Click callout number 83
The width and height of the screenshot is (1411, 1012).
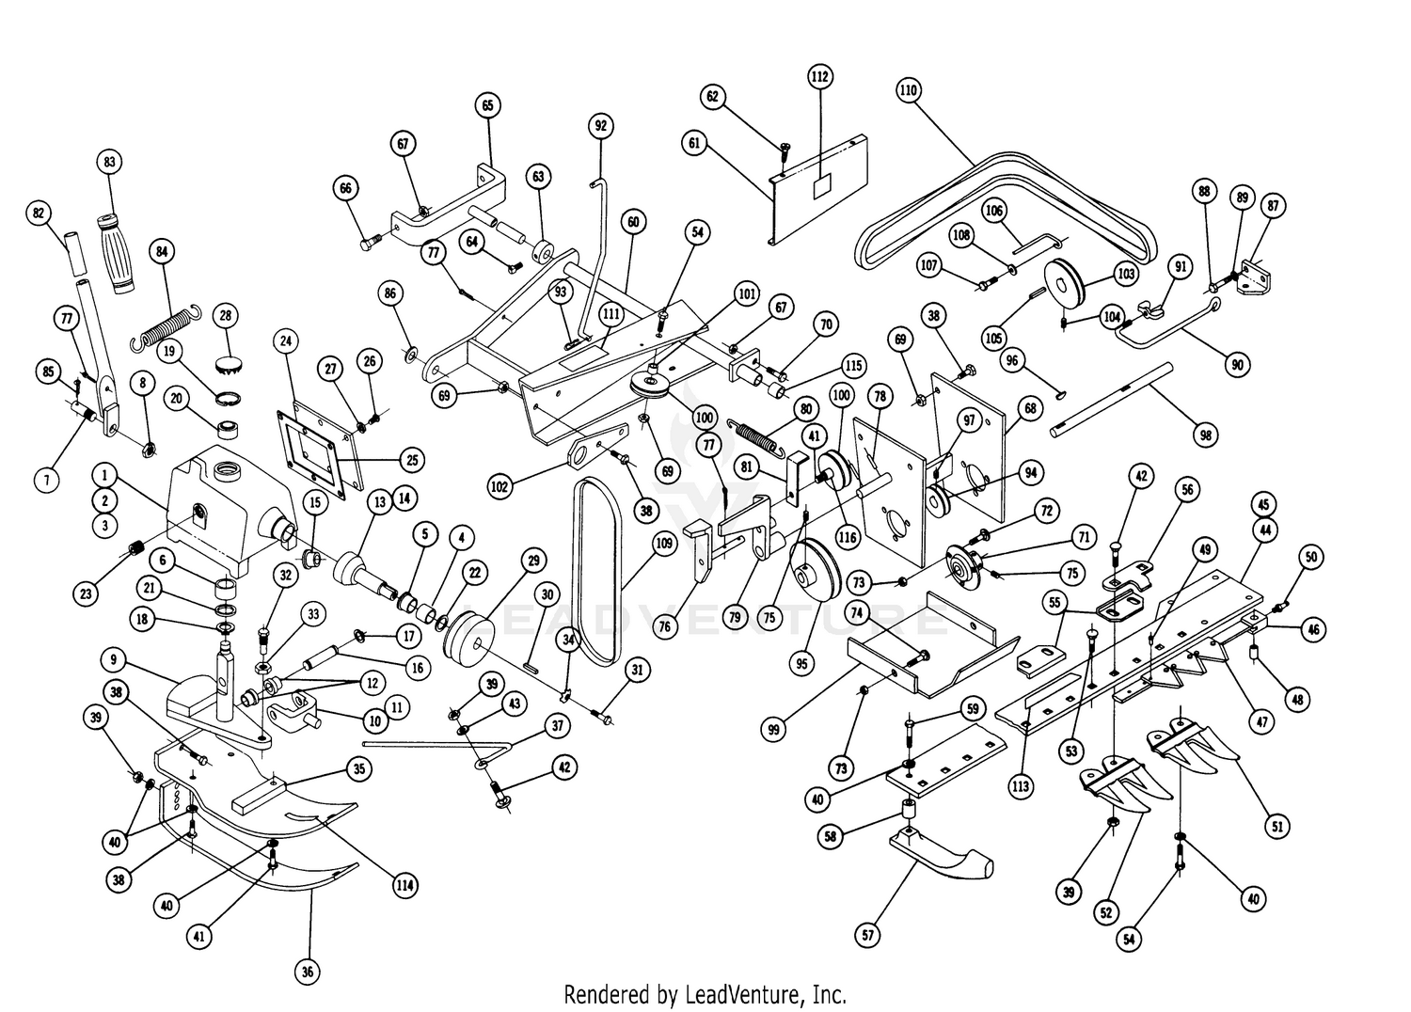109,162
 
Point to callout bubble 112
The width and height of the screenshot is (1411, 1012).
819,76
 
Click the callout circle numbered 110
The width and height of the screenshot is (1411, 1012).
908,91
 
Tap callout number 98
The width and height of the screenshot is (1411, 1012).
1205,435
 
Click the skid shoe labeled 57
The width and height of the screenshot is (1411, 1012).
941,856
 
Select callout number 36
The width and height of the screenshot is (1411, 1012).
307,972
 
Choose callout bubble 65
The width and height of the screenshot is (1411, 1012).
487,105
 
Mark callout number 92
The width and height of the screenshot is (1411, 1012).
600,124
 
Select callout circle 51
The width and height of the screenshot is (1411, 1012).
1276,827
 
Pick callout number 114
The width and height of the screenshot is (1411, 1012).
406,884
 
